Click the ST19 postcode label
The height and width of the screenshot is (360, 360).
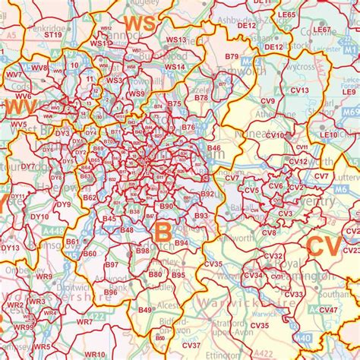coord(52,34)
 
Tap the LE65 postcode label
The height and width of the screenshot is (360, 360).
coord(286,14)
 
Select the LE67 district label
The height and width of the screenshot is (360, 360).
coord(322,30)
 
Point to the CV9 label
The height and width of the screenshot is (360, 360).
coord(268,100)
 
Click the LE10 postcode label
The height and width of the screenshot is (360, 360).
coord(328,134)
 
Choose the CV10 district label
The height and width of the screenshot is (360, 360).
coord(275,135)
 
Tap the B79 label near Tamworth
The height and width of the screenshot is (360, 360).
coord(232,57)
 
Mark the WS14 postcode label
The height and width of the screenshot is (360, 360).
coord(175,67)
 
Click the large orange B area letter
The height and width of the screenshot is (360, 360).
coord(163,231)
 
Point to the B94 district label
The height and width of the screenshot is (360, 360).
coord(181,243)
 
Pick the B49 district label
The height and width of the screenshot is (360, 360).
coord(145,310)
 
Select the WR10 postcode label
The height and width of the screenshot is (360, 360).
coord(95,354)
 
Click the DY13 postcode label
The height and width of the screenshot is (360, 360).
coord(10,248)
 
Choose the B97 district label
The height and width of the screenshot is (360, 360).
coord(112,265)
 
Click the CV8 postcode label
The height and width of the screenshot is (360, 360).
coord(269,232)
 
